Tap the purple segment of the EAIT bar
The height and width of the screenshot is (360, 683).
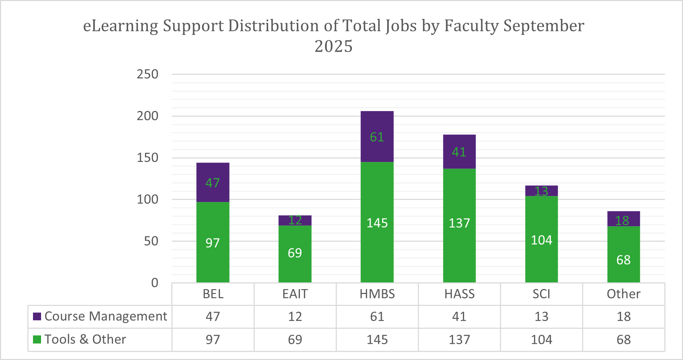point(295,220)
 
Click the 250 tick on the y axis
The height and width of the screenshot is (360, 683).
point(147,74)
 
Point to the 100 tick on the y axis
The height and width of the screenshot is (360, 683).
point(147,199)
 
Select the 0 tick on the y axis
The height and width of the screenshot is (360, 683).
point(154,283)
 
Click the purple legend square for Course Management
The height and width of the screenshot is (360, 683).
point(37,316)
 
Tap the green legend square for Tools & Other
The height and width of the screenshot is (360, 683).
point(37,340)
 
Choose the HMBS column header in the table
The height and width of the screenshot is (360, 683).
point(377,294)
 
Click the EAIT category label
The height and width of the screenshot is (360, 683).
point(295,294)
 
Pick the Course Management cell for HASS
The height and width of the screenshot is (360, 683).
point(459,317)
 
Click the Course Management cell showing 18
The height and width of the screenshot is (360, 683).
point(623,317)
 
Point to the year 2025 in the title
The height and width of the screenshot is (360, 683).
point(333,46)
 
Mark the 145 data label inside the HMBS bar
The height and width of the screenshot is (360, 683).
point(377,223)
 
